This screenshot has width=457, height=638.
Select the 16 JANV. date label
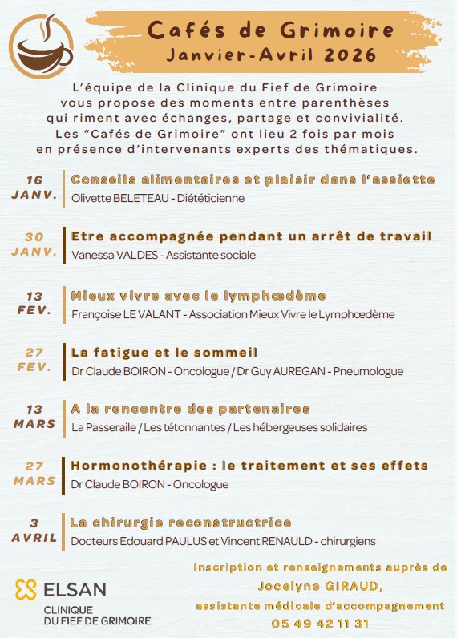34,187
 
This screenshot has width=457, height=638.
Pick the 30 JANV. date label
34,244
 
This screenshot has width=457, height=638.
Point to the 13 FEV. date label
34,302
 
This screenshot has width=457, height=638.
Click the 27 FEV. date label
34,359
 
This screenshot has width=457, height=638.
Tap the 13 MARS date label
34,417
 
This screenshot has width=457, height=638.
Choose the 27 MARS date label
34,474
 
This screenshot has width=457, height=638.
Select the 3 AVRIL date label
34,531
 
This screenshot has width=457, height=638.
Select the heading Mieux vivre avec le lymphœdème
198,295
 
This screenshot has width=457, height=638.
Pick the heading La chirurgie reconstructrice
180,523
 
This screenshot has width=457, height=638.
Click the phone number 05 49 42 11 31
320,623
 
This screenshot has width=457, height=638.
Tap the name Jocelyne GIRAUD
319,586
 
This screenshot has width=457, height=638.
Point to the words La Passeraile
103,427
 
